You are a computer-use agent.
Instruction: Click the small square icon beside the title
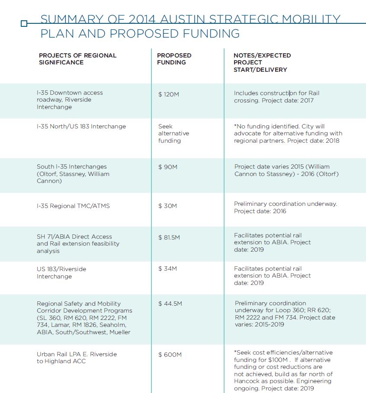coord(24,24)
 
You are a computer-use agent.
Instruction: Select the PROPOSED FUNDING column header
coord(174,59)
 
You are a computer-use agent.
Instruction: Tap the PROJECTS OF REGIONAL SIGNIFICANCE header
coord(77,59)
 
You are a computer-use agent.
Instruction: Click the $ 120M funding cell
coord(168,94)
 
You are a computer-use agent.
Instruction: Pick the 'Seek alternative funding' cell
coord(173,134)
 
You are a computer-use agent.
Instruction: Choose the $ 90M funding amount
coord(167,167)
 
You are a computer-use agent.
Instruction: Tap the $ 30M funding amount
coord(167,206)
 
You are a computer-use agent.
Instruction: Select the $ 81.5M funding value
coord(169,237)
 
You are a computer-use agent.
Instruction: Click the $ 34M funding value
coord(167,268)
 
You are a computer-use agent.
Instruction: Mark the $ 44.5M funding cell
coord(170,304)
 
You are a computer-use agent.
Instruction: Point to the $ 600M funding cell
coord(170,355)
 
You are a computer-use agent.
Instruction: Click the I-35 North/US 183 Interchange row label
coord(81,127)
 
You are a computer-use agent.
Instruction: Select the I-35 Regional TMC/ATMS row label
coord(73,206)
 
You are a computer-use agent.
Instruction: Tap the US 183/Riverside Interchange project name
coord(61,272)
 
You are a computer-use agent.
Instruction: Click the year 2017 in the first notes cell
coord(306,100)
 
